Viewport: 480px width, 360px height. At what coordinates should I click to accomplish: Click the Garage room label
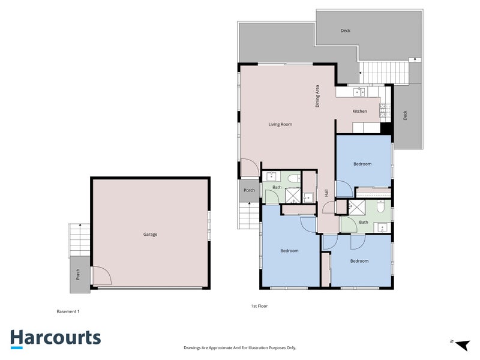[150, 235]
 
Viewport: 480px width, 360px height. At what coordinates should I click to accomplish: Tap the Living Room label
[280, 124]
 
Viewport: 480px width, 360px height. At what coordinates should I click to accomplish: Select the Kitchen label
[359, 112]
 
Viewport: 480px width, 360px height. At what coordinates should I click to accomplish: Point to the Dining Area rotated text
[317, 97]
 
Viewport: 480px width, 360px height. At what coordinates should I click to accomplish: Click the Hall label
[326, 193]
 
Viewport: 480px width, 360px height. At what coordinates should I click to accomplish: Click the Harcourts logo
[55, 338]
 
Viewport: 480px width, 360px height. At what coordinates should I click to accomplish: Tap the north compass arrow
[461, 344]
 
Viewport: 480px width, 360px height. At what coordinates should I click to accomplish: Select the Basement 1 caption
[68, 311]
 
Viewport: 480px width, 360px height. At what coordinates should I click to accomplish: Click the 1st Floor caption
[259, 306]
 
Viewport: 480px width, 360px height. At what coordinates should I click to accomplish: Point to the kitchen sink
[359, 92]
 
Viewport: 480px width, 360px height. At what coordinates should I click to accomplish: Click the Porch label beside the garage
[78, 274]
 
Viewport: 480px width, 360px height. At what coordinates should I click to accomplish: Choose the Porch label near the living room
[249, 191]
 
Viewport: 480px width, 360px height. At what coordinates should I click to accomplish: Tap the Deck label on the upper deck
[345, 31]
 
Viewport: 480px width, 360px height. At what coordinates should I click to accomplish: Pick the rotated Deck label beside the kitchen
[405, 116]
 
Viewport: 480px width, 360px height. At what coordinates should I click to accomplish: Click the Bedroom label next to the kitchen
[362, 164]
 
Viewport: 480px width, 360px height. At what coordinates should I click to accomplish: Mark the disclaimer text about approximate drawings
[239, 347]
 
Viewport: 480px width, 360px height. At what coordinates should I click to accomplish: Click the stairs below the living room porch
[248, 215]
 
